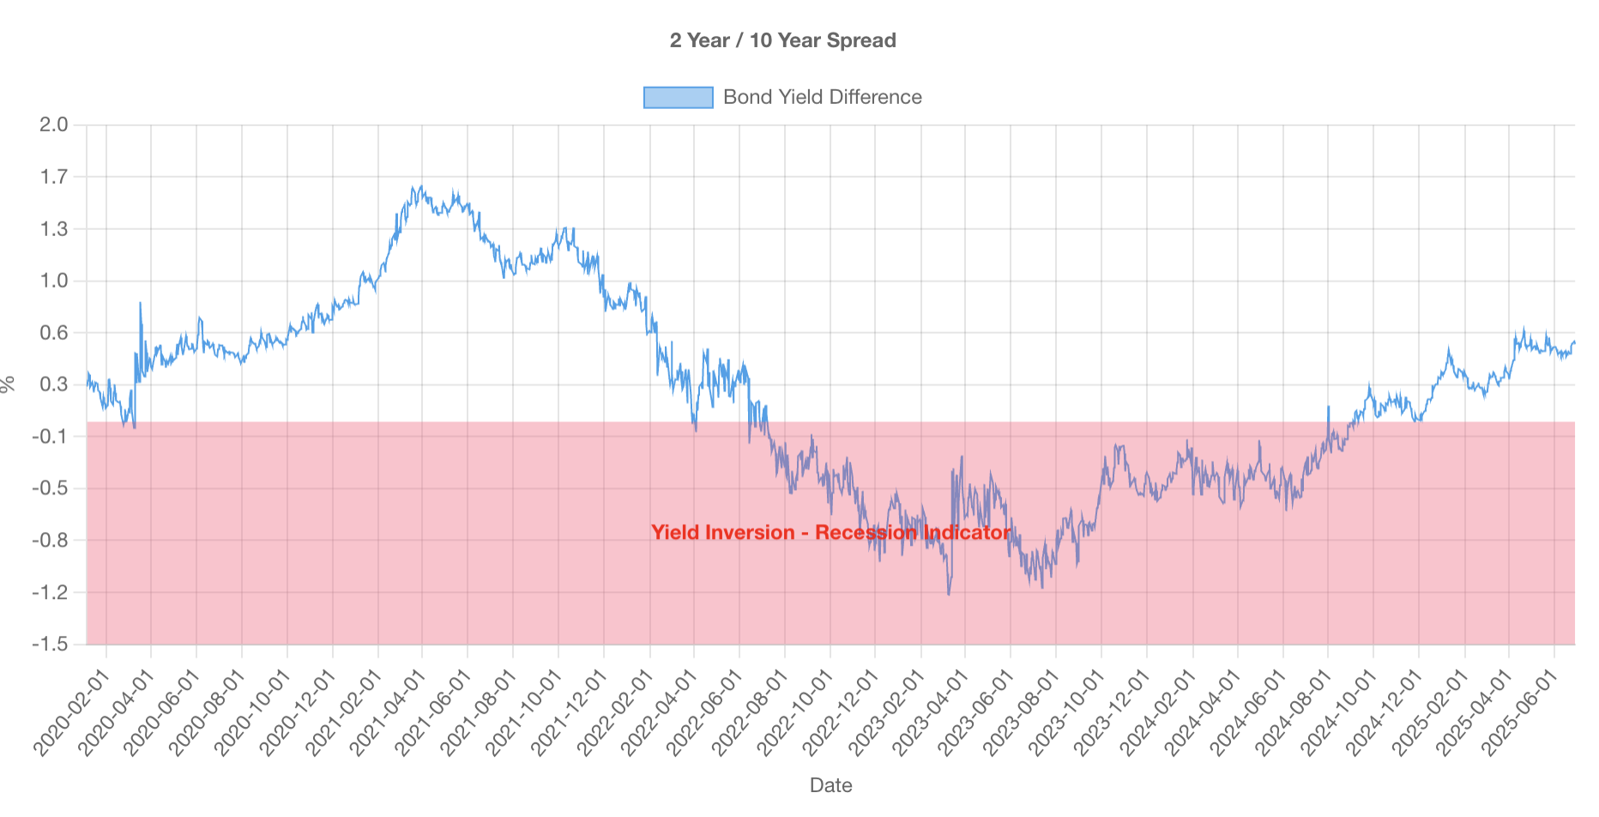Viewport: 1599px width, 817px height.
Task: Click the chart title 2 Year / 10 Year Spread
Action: tap(782, 40)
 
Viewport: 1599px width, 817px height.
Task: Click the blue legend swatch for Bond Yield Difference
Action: tap(678, 98)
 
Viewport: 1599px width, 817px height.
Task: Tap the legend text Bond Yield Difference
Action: tap(822, 98)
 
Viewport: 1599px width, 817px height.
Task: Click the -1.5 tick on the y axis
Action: tap(50, 645)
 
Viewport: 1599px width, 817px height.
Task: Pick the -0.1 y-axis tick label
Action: tap(50, 437)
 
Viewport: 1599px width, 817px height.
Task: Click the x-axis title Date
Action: tap(830, 785)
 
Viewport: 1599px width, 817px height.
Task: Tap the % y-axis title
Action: tap(9, 384)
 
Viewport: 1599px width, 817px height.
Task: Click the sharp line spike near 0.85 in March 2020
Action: tap(140, 303)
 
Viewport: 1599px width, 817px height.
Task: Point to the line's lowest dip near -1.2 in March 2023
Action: tap(948, 594)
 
